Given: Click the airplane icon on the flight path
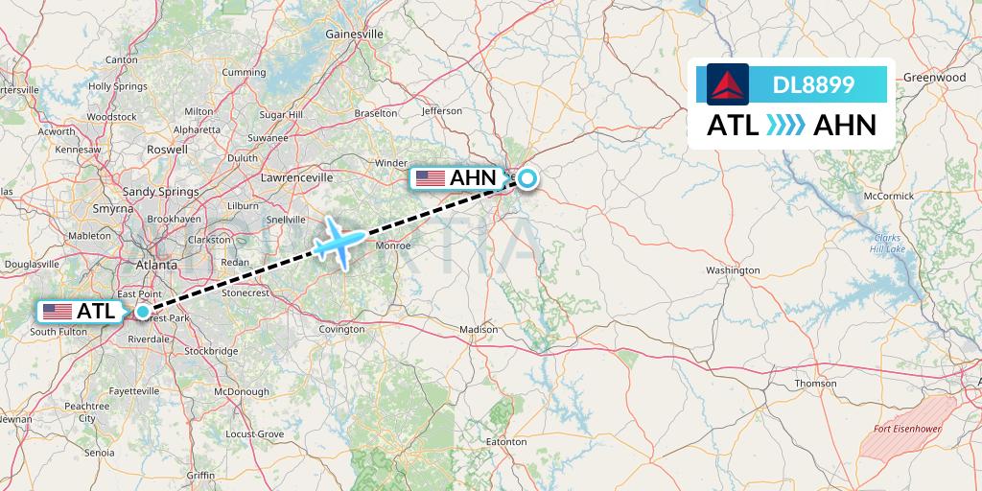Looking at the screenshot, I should tap(338, 240).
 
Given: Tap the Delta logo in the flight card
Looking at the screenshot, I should tap(727, 84).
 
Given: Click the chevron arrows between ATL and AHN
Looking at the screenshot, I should tap(785, 126).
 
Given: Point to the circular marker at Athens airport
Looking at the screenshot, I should tap(527, 177).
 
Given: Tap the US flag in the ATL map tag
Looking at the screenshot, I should tap(58, 312).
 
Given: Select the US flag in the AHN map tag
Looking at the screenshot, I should tap(431, 178).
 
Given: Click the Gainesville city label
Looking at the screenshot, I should tap(355, 34).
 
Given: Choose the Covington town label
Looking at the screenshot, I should tap(342, 329).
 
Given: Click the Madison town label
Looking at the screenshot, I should tap(479, 329).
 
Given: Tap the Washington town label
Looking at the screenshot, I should tap(733, 270).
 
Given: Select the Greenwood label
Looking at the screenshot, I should tap(934, 77).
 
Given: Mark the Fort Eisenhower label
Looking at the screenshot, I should tap(907, 429).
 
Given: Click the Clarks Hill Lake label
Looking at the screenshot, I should tap(889, 244).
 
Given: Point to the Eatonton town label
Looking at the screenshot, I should tap(506, 442).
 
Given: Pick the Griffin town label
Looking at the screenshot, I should tap(200, 475).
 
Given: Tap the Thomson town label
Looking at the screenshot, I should tap(815, 383).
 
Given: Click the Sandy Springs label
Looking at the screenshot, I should tap(160, 192).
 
